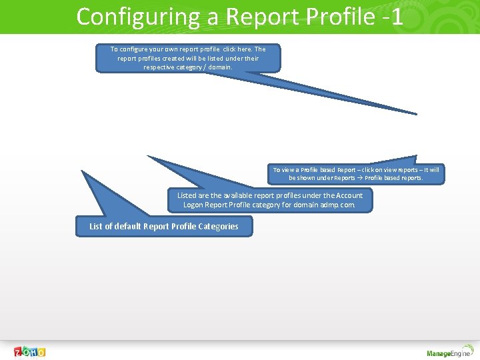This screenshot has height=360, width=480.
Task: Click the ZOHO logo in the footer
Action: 30,352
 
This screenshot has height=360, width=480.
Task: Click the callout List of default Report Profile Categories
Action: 164,227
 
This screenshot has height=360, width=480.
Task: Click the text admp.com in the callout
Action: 339,205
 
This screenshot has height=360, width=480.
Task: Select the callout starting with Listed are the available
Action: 270,200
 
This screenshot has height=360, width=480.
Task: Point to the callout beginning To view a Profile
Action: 356,174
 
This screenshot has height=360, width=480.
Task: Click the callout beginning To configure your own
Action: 188,58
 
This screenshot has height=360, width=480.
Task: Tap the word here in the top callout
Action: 241,49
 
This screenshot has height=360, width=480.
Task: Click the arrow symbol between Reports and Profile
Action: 359,179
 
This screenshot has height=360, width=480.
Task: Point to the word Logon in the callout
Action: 194,205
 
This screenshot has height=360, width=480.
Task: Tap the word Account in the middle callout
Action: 349,196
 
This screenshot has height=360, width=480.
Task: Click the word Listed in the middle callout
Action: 187,196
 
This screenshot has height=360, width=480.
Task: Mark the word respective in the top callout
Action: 159,67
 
